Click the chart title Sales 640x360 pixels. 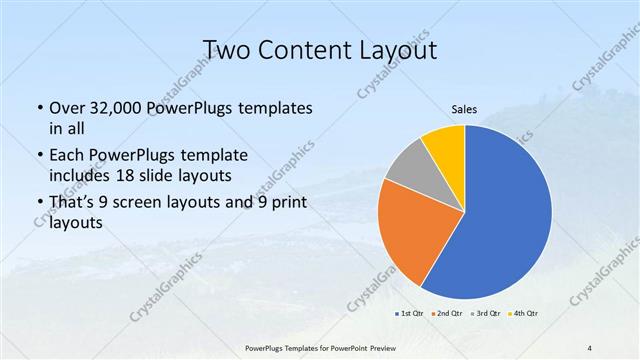click(x=463, y=110)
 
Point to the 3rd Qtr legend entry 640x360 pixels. click(x=486, y=314)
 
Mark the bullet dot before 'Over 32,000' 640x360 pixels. click(x=39, y=108)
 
